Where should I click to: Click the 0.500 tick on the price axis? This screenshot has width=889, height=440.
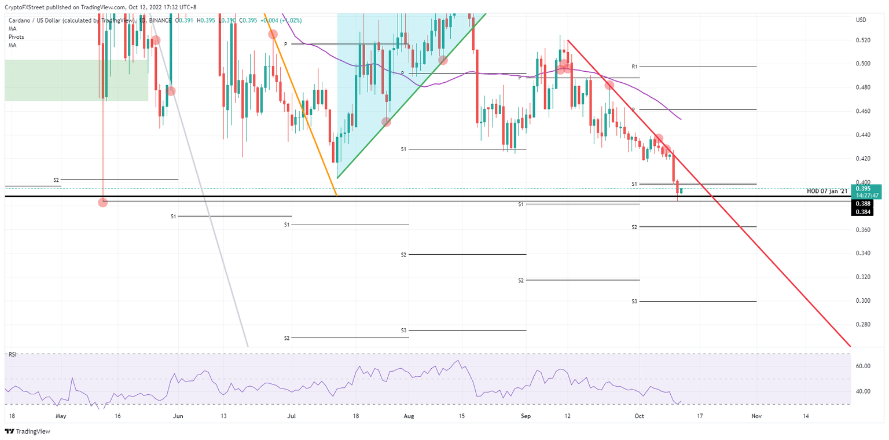[862, 64]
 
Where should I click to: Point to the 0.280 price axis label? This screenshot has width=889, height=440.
[862, 325]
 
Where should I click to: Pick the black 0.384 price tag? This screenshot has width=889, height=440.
[863, 212]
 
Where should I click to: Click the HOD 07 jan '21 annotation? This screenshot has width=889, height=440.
[827, 191]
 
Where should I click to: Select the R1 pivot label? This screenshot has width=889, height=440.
[634, 67]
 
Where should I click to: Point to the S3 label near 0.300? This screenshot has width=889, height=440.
[634, 302]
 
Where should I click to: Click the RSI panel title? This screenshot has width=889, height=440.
[12, 354]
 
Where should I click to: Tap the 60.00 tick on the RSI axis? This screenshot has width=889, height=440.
[864, 366]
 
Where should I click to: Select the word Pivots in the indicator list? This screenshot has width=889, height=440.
[16, 37]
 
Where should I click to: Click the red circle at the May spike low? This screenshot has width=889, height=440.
[103, 202]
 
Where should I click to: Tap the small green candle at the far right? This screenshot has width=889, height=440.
[682, 190]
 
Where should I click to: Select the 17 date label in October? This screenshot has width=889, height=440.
[700, 416]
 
